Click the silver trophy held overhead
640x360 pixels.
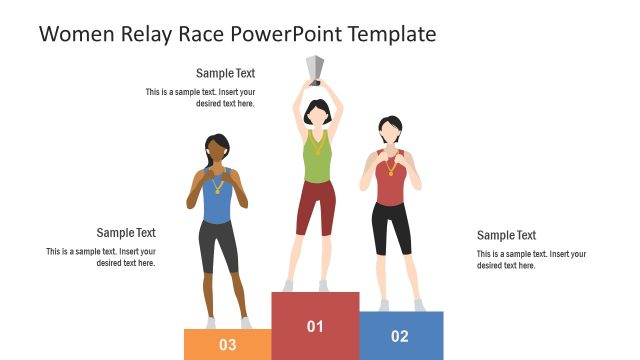[x=315, y=68]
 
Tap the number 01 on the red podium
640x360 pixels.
[x=315, y=326]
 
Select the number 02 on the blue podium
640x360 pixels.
[x=400, y=336]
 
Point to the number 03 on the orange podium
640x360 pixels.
[x=227, y=345]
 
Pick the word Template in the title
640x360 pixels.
[x=385, y=34]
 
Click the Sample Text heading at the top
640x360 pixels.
[x=225, y=73]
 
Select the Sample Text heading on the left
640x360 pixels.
[x=126, y=233]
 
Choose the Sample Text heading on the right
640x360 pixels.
[x=506, y=236]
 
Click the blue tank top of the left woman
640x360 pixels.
[x=217, y=200]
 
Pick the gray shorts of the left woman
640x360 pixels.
[x=218, y=245]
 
